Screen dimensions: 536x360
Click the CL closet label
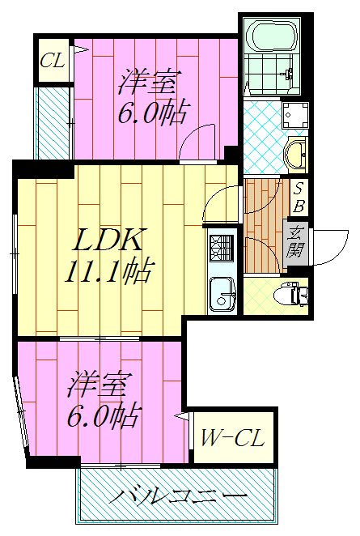click(x=53, y=61)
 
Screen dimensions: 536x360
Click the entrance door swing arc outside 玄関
click(x=325, y=245)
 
